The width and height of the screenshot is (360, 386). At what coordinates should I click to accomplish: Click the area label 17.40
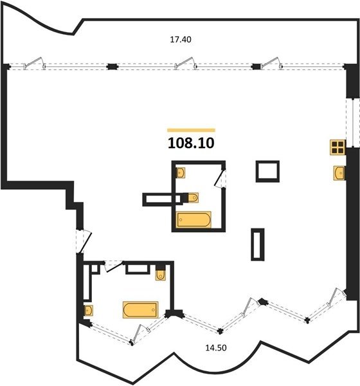pos(181,39)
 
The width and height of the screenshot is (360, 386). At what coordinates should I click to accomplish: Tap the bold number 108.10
pos(191,143)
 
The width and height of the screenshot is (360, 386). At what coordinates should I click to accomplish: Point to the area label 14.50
pos(216,348)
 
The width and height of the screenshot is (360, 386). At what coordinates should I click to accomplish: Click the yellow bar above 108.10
pos(191,130)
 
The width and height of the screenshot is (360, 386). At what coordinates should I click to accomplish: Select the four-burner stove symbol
pos(337,147)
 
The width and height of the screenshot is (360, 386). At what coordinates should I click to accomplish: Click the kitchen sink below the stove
pos(339,173)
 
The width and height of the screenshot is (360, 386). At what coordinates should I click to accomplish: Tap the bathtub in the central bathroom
pos(194,219)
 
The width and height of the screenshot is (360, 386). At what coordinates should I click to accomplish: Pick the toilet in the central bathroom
pos(193,198)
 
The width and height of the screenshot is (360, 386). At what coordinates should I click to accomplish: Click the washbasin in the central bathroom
pos(181,172)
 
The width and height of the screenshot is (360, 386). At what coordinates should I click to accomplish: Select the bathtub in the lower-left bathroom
pos(141,309)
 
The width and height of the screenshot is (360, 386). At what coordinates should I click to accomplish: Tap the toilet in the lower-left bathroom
pos(161,275)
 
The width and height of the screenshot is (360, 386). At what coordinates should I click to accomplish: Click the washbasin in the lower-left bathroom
pos(88,310)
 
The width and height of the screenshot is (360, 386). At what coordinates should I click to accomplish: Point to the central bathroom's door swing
pos(220,178)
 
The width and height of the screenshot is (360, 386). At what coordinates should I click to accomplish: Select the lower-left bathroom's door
pos(113,266)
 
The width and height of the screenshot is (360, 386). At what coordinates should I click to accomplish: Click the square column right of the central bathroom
pos(267,171)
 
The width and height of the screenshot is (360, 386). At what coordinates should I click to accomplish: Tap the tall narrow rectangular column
pos(258,244)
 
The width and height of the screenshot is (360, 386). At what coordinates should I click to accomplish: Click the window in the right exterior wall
pos(353,123)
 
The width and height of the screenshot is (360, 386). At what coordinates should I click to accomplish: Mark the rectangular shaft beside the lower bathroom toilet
pos(138,269)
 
